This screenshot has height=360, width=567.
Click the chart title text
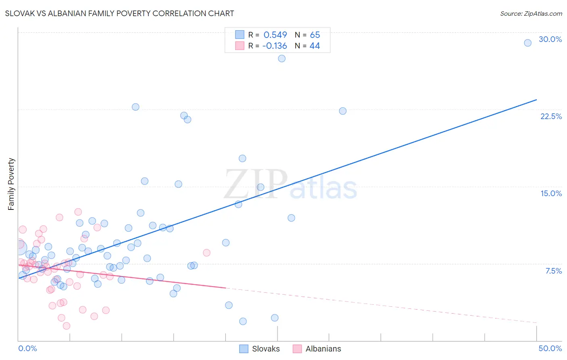coord(119,13)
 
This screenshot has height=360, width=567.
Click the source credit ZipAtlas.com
coord(531,13)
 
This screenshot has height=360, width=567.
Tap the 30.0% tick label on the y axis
coord(550,39)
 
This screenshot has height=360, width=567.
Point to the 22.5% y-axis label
coord(551,116)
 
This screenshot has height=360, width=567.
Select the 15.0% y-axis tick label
coord(551,193)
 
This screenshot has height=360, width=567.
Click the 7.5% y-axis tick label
coord(553,271)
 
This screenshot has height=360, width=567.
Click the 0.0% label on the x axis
coord(27,348)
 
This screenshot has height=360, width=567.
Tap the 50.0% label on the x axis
coord(550,348)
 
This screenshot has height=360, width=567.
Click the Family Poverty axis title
coord(11,184)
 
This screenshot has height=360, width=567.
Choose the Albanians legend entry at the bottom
coord(317,349)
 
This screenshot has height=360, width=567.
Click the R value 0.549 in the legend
coord(275,35)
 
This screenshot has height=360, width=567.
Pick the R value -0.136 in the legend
coord(274,46)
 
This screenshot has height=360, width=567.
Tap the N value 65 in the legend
coord(315,35)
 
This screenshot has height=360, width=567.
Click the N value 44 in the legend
coord(315,46)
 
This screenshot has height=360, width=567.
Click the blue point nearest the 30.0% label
coord(527,43)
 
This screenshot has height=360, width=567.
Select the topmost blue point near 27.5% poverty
coord(281,59)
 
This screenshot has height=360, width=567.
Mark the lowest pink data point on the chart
coord(67,326)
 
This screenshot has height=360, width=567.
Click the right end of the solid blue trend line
coord(536,99)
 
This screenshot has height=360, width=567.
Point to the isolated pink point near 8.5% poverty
coord(206,253)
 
